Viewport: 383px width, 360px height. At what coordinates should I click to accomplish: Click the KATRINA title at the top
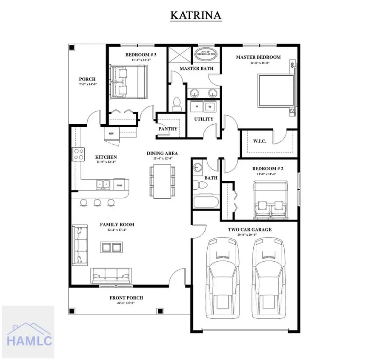196,15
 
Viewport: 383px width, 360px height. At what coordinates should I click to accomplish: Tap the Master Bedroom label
258,57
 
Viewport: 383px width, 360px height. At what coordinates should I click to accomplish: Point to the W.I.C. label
260,141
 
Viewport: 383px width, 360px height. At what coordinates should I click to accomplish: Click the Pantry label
167,129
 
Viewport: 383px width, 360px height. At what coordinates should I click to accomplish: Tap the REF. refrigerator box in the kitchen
112,133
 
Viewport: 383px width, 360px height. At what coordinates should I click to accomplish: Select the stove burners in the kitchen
79,154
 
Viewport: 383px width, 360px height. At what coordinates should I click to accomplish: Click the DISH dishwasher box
119,185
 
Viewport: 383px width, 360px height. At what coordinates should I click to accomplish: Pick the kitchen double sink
103,185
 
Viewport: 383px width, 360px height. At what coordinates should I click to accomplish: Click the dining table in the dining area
162,181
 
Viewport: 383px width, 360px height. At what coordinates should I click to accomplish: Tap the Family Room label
117,224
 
